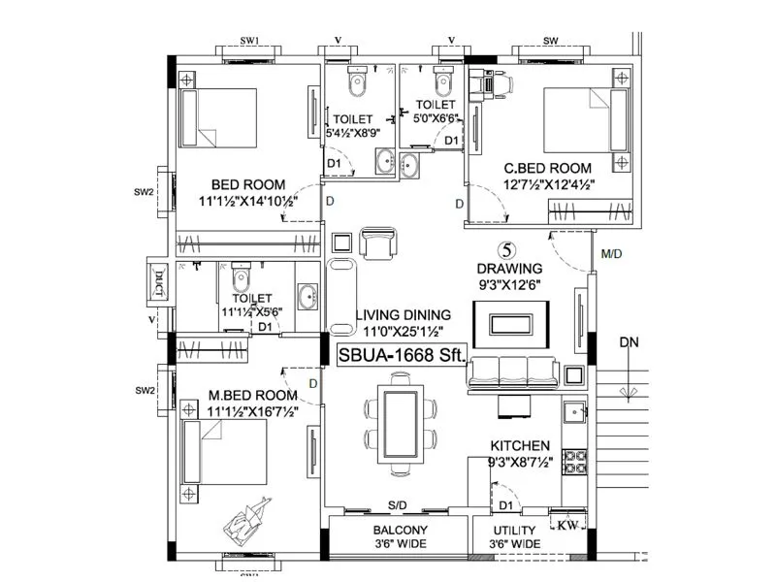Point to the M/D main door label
612,255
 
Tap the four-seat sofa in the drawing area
512,372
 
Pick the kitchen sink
575,413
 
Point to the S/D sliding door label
398,505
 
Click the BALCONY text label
400,530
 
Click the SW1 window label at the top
249,40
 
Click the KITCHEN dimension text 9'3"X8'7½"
520,462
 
